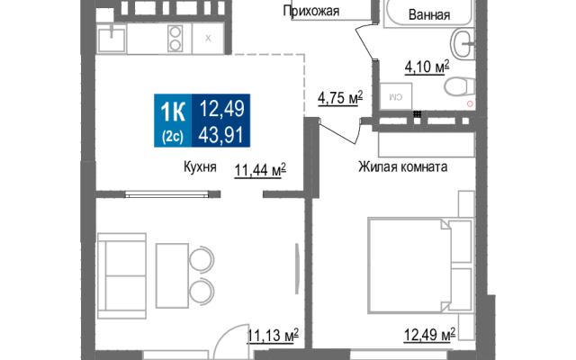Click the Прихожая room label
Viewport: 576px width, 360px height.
point(310,11)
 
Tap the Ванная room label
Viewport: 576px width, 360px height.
point(429,15)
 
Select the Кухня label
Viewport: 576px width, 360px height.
point(200,167)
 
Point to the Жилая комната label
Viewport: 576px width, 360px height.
point(402,166)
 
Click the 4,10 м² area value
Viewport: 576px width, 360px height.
point(427,67)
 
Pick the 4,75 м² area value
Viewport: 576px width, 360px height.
point(340,98)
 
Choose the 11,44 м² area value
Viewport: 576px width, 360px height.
point(260,170)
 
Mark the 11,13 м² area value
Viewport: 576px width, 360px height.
point(273,336)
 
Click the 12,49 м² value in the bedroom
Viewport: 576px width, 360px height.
point(429,335)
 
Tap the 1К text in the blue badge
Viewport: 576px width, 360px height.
point(173,112)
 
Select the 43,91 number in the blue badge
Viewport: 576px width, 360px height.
point(220,135)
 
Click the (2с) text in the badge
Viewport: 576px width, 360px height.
point(173,136)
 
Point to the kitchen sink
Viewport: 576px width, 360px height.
point(112,39)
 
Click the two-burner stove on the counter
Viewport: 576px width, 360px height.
point(175,38)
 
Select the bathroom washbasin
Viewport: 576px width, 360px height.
point(463,44)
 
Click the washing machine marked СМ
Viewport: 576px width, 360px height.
point(396,96)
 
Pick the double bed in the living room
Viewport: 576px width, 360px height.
point(420,265)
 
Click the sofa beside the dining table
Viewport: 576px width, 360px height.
point(121,275)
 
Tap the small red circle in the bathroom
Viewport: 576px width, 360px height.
point(470,104)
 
